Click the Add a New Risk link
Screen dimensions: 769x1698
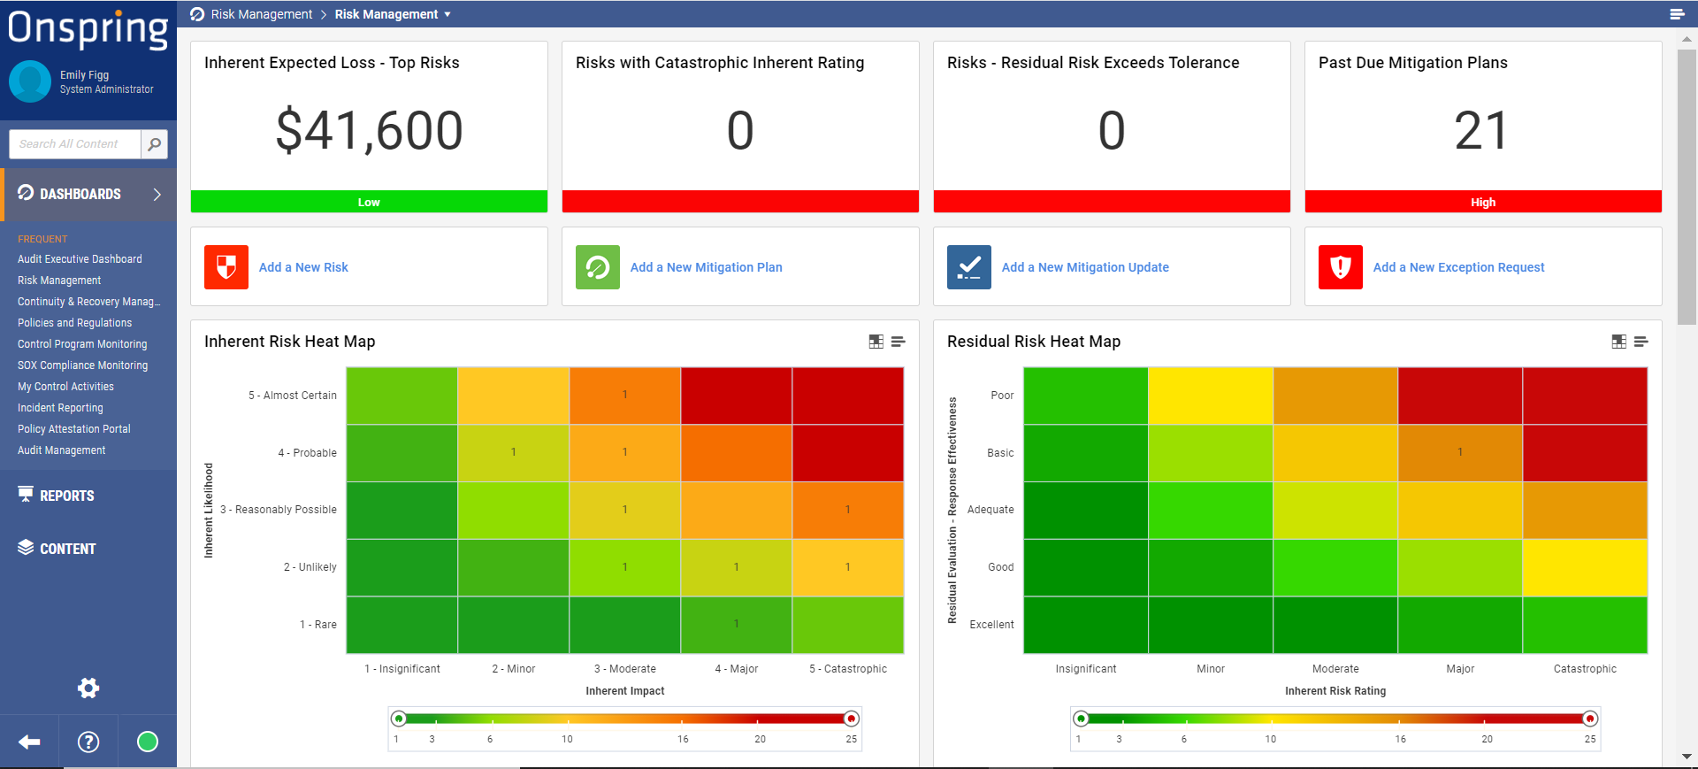click(303, 267)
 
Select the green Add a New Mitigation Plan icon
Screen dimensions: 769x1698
click(598, 267)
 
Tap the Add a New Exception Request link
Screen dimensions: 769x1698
click(1458, 267)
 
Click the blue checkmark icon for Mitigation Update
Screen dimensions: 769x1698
click(969, 267)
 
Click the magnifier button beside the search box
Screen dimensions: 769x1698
click(154, 144)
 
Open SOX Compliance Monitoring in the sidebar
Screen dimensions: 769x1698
click(82, 365)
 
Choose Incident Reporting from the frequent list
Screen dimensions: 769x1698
click(60, 408)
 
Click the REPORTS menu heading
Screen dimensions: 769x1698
click(66, 496)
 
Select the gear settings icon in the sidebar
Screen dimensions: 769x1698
click(88, 688)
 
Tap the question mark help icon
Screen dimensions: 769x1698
click(88, 742)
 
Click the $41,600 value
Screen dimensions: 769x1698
click(369, 131)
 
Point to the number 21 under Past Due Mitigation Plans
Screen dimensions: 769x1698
click(1482, 131)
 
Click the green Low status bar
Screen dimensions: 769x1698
click(369, 202)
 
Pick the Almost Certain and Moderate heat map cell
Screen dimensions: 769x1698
click(624, 396)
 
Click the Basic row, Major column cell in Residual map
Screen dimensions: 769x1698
click(1459, 452)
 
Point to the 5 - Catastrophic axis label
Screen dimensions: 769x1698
click(847, 669)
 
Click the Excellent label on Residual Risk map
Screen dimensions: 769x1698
click(991, 625)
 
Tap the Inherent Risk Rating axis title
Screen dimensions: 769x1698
click(1335, 691)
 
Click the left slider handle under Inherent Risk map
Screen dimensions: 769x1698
click(399, 719)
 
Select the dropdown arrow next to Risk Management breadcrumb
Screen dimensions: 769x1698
click(447, 14)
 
